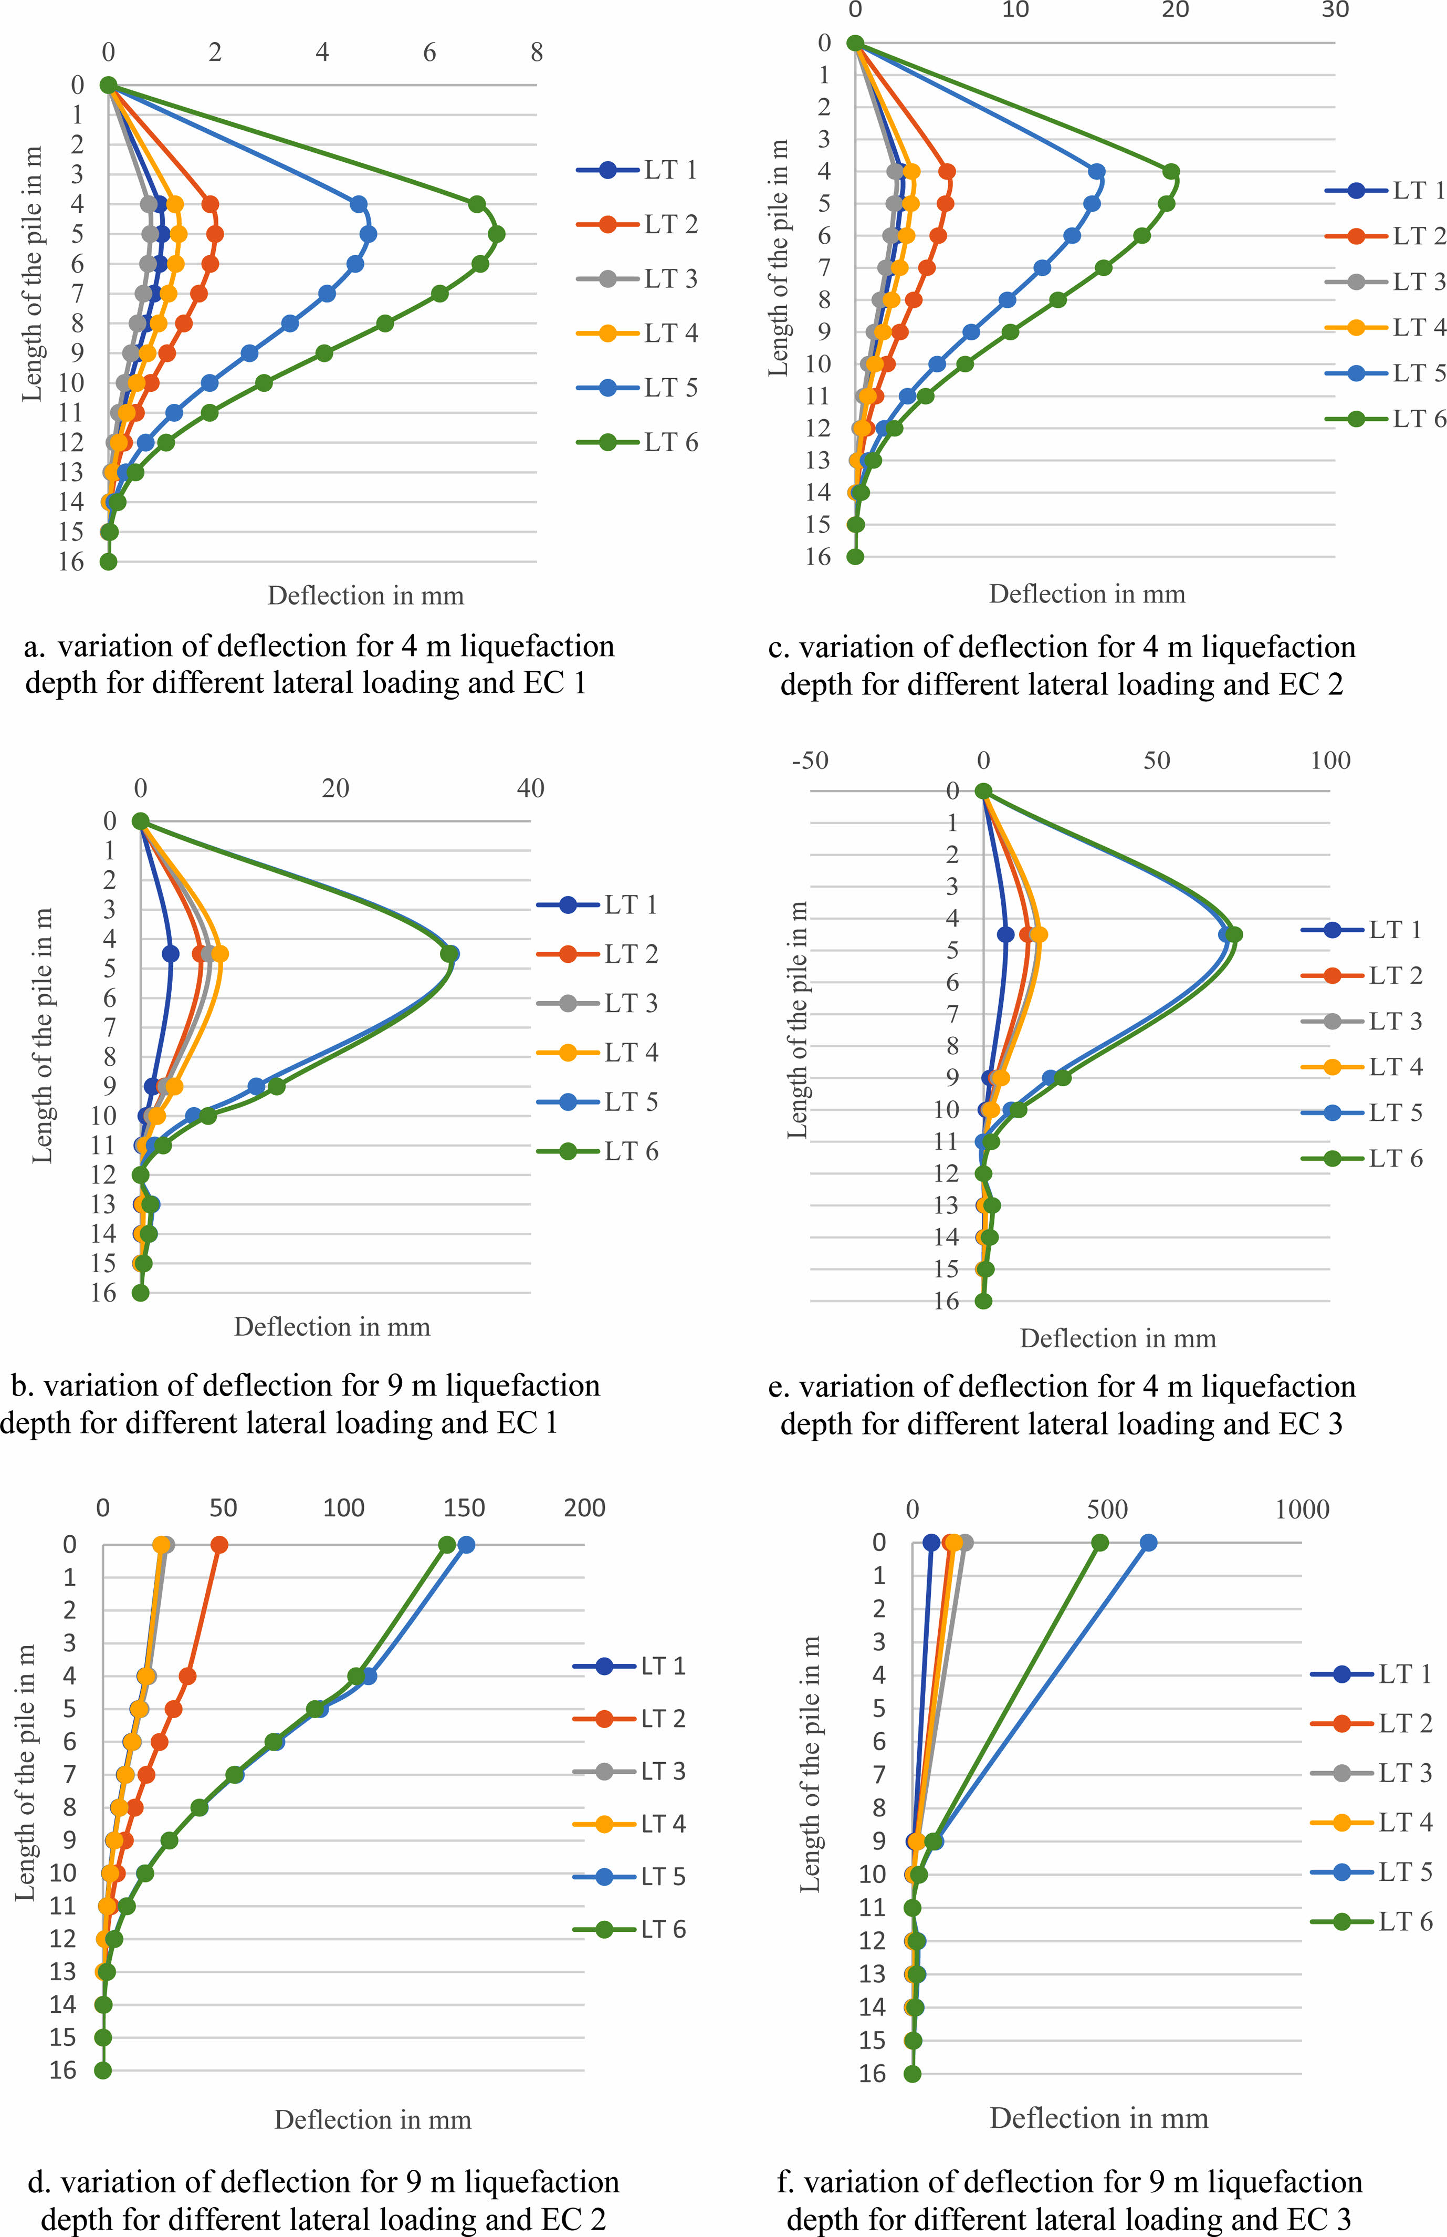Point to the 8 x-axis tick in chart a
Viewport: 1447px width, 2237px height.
(x=537, y=53)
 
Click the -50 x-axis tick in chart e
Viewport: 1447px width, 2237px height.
(x=810, y=761)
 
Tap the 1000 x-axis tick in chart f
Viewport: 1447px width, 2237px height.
(x=1302, y=1510)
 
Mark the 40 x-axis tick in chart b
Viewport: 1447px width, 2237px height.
(x=530, y=788)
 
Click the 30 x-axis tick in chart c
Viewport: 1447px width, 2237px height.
(x=1334, y=11)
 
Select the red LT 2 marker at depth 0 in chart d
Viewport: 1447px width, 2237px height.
(x=219, y=1544)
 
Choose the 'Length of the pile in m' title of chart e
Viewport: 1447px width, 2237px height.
(x=798, y=1020)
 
